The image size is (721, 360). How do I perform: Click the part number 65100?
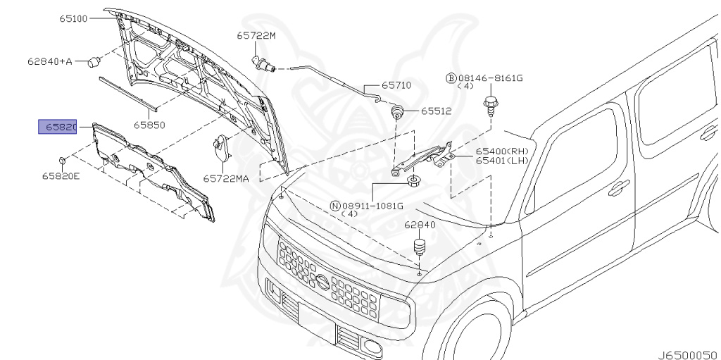[73, 18]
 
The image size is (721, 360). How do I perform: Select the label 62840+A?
[50, 61]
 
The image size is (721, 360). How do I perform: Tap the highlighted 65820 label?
[57, 127]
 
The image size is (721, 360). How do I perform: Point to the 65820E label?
[61, 175]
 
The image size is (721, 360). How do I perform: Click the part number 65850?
[150, 125]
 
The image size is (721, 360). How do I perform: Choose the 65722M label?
[256, 35]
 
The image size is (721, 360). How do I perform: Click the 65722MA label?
[226, 179]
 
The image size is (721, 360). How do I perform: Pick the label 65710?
[396, 85]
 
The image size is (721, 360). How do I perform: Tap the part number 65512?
[437, 111]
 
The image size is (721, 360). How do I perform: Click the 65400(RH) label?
[501, 151]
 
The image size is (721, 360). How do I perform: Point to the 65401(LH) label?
[501, 161]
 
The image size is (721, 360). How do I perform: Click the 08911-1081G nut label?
[372, 206]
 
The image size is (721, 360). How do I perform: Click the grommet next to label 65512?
[398, 111]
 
